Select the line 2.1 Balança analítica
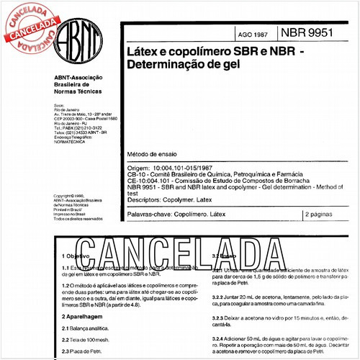(86, 328)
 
